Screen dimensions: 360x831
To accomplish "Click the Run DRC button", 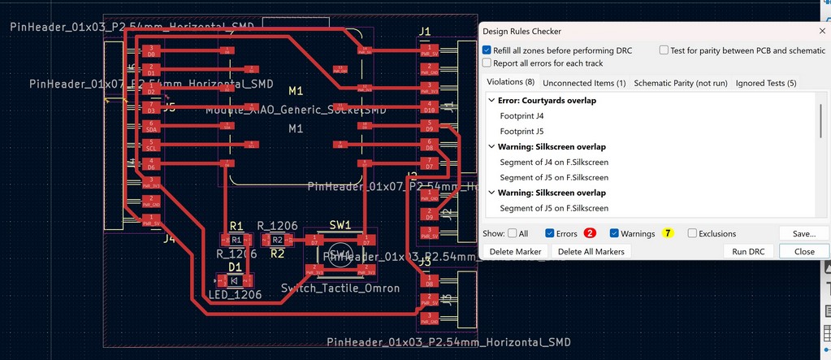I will point(748,251).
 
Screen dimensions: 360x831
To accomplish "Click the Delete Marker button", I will point(515,251).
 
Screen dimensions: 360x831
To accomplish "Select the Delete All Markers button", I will point(591,251).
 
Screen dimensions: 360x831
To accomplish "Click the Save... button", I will point(803,233).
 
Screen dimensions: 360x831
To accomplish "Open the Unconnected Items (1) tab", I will point(584,83).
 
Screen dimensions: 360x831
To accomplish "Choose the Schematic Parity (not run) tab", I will point(680,83).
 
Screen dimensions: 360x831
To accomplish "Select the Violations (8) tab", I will point(510,83).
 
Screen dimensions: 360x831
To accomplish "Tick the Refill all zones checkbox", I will point(487,50).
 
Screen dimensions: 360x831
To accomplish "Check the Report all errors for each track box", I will point(487,63).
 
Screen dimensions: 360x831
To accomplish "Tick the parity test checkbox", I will point(664,50).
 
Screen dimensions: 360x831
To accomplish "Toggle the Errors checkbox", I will point(550,234).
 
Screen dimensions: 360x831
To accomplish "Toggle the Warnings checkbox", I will point(614,234).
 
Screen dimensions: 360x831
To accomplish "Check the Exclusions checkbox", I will point(692,234).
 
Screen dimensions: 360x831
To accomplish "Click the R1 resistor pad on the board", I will point(236,241).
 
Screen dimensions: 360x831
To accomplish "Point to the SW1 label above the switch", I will point(340,225).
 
